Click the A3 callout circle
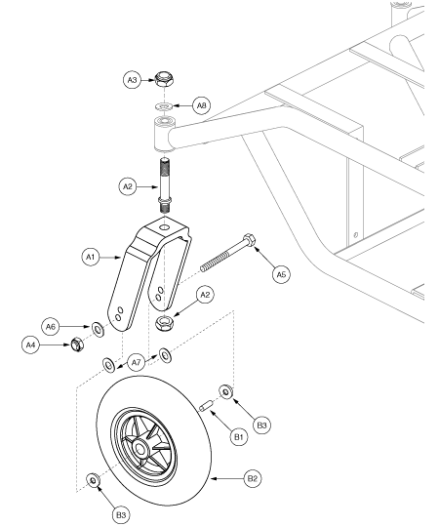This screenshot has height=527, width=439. (x=133, y=80)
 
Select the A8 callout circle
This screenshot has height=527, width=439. (x=201, y=105)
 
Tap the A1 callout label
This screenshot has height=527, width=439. (x=91, y=257)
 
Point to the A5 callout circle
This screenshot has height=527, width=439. (x=281, y=274)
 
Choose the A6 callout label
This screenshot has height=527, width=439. (x=51, y=326)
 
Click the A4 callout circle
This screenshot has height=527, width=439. (x=30, y=345)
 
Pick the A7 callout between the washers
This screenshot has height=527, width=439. (x=136, y=363)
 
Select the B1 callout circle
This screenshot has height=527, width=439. (x=239, y=437)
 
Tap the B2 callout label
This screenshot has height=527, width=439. (x=253, y=478)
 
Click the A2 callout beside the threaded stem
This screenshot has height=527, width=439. (x=128, y=186)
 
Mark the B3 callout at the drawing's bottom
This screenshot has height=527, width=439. (x=121, y=515)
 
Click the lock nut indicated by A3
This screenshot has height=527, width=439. (x=164, y=79)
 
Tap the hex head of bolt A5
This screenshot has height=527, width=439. (x=249, y=240)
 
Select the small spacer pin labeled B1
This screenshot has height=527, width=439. (x=205, y=405)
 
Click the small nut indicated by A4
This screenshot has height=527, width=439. (x=77, y=345)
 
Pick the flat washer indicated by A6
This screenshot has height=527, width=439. (x=99, y=330)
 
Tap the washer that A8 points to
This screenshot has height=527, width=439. (x=164, y=106)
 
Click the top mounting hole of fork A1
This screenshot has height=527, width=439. (x=164, y=227)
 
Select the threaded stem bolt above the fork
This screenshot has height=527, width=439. (x=164, y=184)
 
